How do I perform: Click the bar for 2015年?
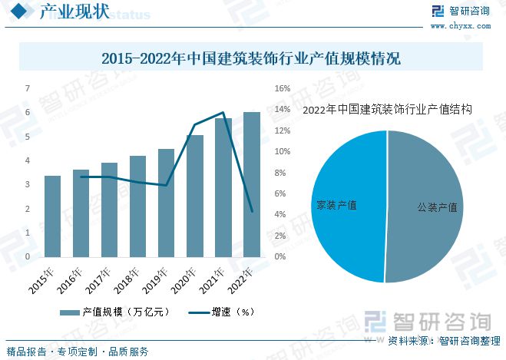click(x=52, y=216)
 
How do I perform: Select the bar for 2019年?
click(x=166, y=203)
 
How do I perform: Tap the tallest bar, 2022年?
click(x=251, y=184)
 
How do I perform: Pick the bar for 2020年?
click(x=195, y=197)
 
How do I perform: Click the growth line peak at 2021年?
click(x=223, y=113)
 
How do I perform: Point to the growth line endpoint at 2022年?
click(x=252, y=211)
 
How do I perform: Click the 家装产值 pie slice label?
click(x=337, y=206)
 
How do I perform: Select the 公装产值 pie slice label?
click(x=438, y=207)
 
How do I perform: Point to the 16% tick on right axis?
click(x=282, y=88)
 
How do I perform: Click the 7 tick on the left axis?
click(x=28, y=88)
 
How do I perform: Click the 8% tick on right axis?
click(x=281, y=173)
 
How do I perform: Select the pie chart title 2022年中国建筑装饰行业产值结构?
click(x=387, y=110)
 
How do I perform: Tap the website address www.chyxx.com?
click(x=468, y=25)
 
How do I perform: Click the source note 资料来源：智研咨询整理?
click(x=443, y=341)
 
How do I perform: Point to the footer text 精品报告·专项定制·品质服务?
click(x=78, y=352)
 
